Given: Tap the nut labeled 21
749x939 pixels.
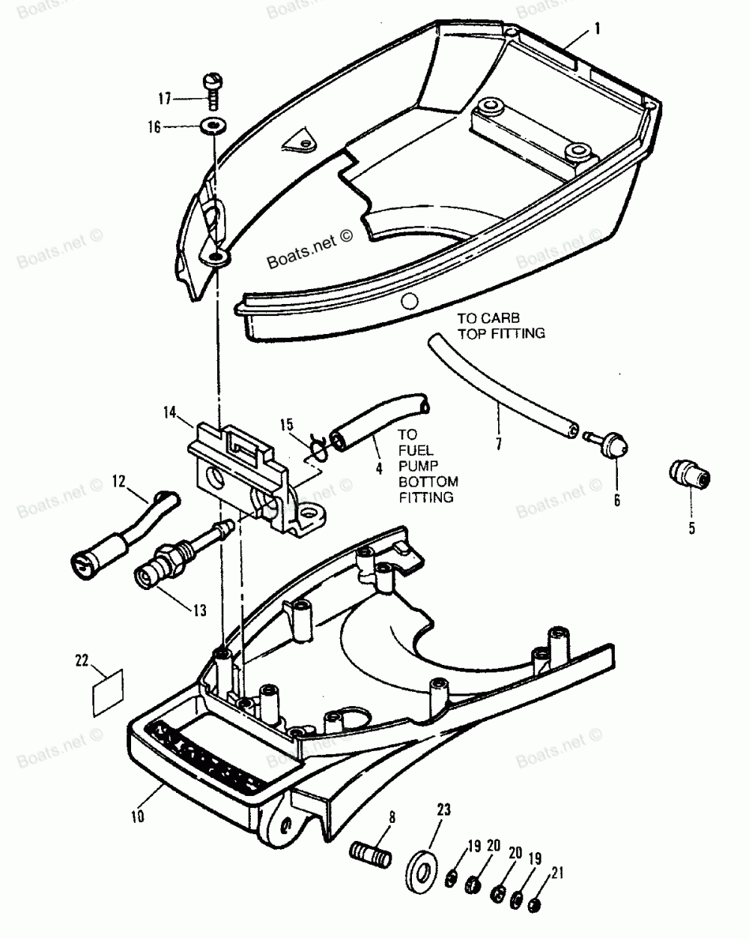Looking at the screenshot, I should [x=536, y=904].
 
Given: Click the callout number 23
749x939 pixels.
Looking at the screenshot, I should [x=443, y=809].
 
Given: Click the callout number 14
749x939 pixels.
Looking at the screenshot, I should [x=169, y=411].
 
